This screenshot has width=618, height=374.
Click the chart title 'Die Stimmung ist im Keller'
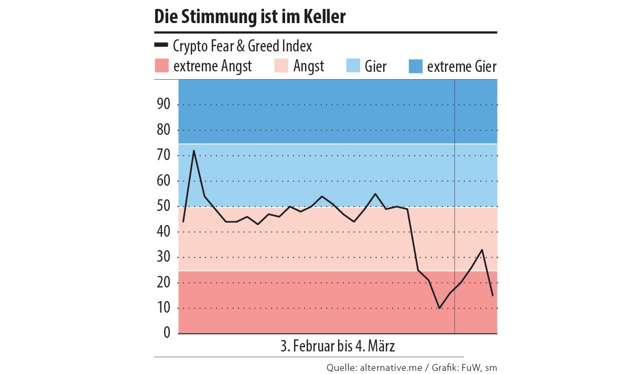tap(250, 17)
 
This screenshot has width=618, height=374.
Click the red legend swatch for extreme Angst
tap(161, 67)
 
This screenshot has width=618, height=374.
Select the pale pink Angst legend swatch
tap(282, 67)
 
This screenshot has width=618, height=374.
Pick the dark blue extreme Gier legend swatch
tap(415, 67)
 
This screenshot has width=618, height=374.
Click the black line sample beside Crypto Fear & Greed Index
tap(161, 46)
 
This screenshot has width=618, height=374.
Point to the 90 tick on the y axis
tap(163, 104)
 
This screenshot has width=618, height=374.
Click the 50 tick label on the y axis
tap(163, 206)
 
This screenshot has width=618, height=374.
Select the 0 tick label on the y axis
tap(167, 333)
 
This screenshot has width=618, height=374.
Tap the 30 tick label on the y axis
tap(163, 257)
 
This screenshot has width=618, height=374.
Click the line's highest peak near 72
tap(194, 151)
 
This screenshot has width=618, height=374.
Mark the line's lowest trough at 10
tap(439, 308)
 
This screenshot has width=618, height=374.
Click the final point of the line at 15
tap(492, 295)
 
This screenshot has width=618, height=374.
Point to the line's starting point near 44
tap(183, 221)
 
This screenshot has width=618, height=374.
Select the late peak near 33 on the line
tap(482, 250)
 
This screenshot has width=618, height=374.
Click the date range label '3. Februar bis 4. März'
tap(338, 347)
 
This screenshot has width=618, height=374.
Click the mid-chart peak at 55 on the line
tap(375, 194)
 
